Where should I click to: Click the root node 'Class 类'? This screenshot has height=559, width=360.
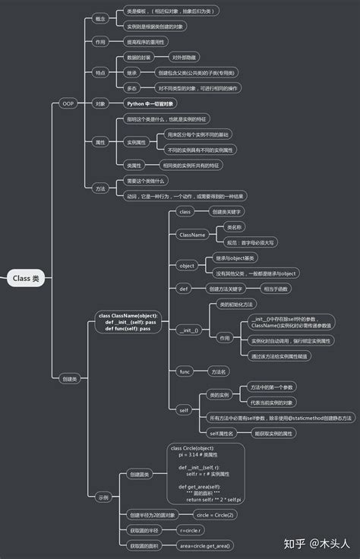(x=25, y=279)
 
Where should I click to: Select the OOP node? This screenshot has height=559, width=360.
(x=68, y=103)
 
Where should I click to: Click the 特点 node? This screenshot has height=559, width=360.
(x=100, y=72)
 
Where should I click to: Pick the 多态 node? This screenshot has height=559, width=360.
(x=131, y=88)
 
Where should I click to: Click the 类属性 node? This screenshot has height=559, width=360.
(x=134, y=165)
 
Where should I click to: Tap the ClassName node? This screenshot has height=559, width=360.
(x=192, y=235)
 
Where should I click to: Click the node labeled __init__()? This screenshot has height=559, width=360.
(x=188, y=330)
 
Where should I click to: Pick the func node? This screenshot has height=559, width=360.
(x=185, y=371)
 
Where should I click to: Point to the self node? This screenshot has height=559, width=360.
(x=184, y=410)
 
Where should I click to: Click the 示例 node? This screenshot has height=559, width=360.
(x=103, y=497)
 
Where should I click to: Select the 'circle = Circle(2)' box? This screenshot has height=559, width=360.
(x=204, y=514)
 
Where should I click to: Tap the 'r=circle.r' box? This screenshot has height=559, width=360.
(x=189, y=529)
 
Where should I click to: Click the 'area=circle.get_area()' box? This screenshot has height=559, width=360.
(x=205, y=545)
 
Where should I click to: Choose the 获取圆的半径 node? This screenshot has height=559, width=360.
(x=143, y=529)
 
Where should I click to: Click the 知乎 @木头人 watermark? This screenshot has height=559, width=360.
(x=317, y=543)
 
